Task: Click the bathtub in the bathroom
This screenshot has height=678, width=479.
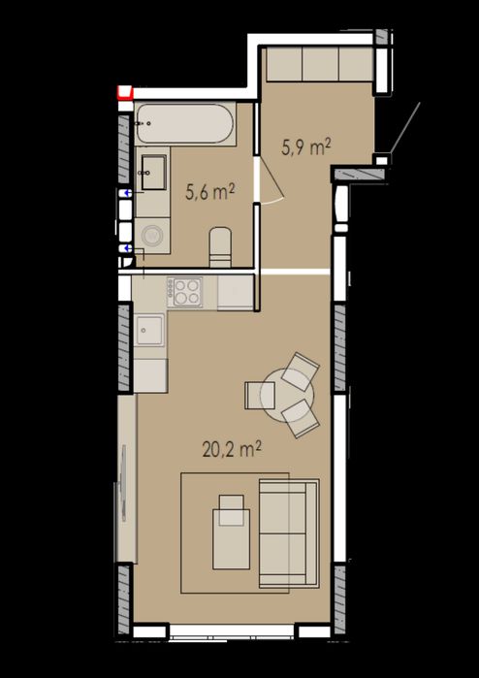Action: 185,123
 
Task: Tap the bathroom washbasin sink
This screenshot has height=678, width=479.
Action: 153,173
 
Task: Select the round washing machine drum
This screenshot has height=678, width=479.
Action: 152,236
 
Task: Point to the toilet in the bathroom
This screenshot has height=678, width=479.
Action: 220,247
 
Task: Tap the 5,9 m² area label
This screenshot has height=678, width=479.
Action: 306,147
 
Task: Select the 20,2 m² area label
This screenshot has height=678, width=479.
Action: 232,450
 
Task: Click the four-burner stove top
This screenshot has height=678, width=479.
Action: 185,292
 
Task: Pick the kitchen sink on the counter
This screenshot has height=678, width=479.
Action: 149,330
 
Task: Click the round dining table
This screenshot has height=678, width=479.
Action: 287,395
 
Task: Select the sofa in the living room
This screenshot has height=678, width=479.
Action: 289,533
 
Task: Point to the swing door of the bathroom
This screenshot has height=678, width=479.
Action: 272,182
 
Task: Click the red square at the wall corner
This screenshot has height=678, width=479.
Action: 125,92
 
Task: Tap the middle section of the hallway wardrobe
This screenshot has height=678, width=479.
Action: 320,64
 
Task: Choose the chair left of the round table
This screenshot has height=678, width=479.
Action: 260,395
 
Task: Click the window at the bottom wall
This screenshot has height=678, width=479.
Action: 232,631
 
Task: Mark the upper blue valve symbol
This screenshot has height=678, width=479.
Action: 127,193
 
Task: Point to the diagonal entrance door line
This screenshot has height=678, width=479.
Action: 404,127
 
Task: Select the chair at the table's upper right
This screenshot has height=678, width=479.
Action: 301,371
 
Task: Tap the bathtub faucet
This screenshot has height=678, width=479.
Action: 142,123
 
